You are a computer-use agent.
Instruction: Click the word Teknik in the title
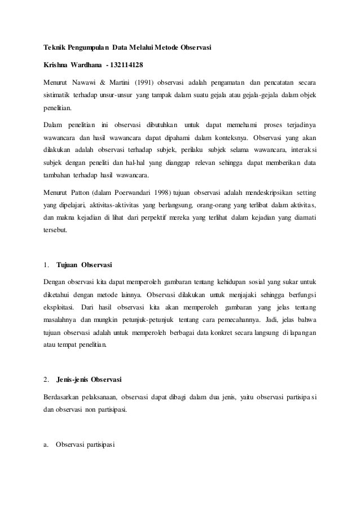click(55, 47)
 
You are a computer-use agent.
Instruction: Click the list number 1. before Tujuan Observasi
click(46, 264)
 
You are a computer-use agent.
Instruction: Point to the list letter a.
click(46, 444)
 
